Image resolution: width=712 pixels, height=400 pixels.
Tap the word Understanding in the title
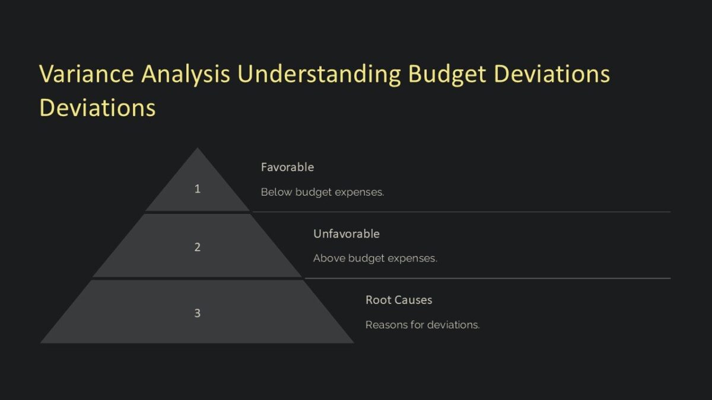320,75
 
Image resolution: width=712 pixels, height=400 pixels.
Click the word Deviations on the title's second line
97,108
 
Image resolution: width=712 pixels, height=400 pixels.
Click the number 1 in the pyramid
198,189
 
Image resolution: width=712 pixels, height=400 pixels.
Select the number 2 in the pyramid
198,247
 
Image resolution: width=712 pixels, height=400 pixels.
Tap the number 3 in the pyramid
198,313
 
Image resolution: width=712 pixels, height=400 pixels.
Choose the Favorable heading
287,167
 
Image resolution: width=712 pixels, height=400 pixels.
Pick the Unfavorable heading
346,233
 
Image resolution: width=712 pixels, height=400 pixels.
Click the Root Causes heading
399,300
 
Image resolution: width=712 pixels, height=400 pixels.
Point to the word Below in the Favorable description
276,192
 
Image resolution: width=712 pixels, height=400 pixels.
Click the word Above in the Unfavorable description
329,258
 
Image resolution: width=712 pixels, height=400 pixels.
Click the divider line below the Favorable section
461,212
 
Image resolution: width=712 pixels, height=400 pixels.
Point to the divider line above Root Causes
487,278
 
